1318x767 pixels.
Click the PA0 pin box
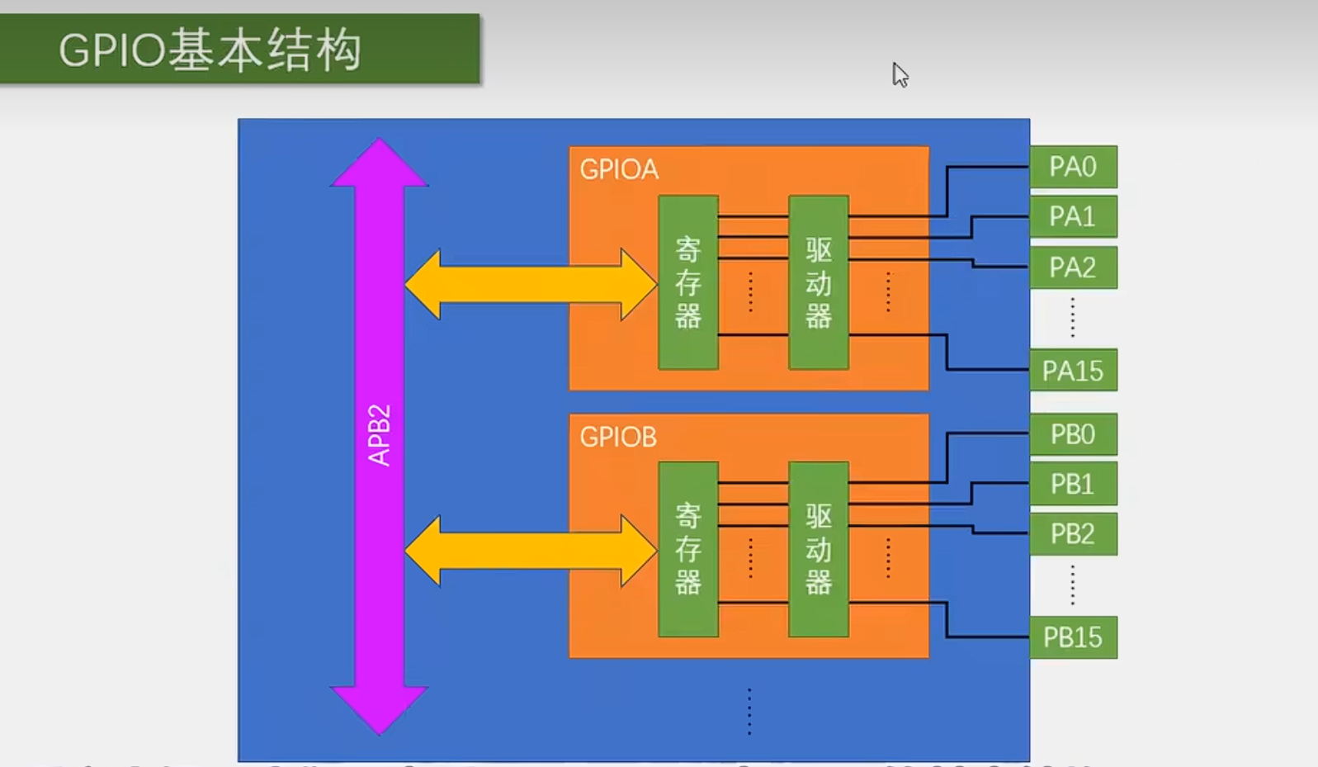[x=1073, y=167]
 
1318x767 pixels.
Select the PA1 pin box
[x=1073, y=216]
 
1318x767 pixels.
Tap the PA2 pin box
[x=1073, y=268]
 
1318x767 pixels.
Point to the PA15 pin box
[x=1073, y=371]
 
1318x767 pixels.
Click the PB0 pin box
[x=1073, y=434]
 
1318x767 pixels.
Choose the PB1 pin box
[x=1073, y=484]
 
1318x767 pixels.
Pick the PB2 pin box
[x=1073, y=534]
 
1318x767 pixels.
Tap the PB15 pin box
[x=1073, y=637]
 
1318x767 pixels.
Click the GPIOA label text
[x=619, y=169]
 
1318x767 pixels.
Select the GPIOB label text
[x=618, y=437]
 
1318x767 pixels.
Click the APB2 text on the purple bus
[x=379, y=435]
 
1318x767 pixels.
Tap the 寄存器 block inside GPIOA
[x=687, y=282]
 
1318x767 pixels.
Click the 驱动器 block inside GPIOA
[x=818, y=282]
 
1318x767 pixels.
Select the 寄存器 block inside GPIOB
[x=687, y=549]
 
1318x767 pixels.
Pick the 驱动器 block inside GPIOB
[x=818, y=549]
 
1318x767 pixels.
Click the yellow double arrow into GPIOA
[x=530, y=284]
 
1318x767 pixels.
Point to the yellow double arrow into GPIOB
[x=530, y=551]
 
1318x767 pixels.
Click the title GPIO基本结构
[x=210, y=50]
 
